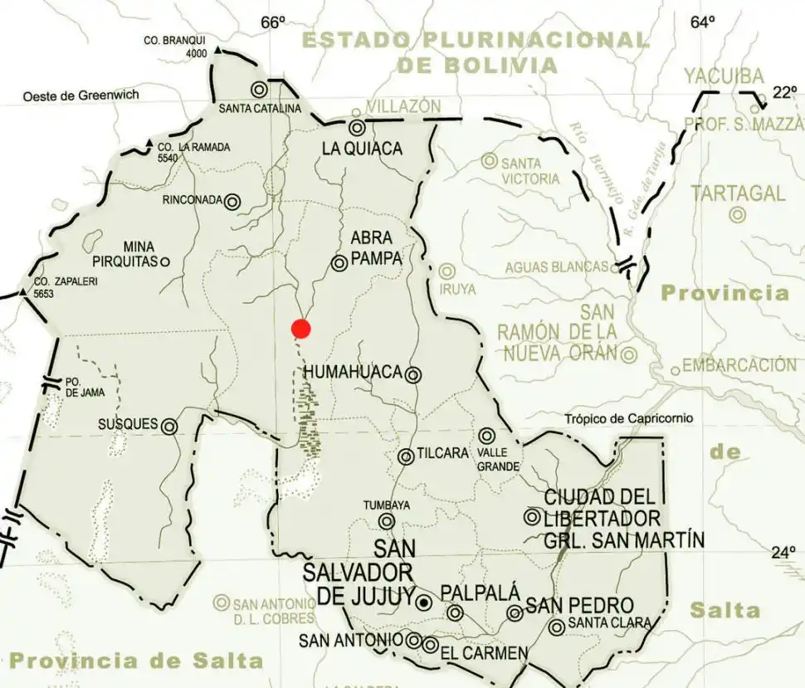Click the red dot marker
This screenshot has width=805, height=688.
301,329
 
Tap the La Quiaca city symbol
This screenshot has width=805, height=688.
357,128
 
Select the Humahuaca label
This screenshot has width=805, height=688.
353,373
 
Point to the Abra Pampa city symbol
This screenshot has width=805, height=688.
339,263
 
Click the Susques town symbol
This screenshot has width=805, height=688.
169,427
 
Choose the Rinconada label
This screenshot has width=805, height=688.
193,201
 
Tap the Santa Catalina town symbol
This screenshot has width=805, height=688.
259,89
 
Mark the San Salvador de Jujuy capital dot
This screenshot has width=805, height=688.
424,602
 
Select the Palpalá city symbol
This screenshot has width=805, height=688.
455,613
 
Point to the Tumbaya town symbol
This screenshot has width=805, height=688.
387,521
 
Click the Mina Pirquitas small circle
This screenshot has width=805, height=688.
164,262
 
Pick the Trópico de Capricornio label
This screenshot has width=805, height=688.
630,419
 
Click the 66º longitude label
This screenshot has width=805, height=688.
273,22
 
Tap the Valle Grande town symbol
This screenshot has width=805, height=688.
486,436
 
